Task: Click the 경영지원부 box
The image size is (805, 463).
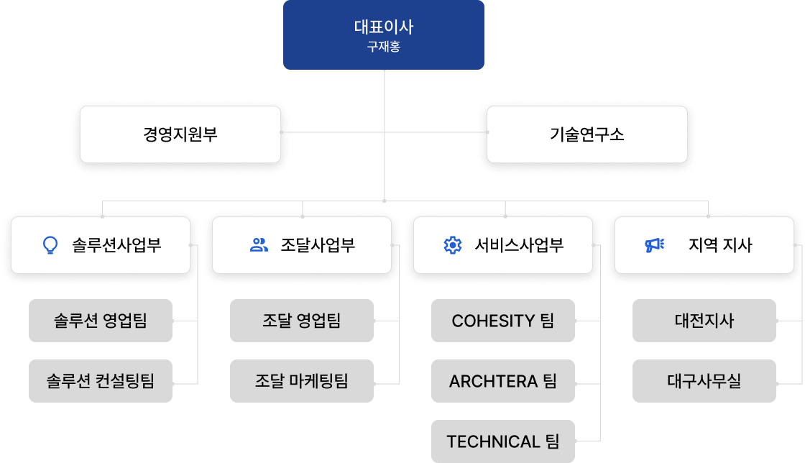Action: point(180,134)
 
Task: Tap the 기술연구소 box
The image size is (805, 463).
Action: point(586,134)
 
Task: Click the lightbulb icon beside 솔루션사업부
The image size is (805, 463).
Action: point(50,245)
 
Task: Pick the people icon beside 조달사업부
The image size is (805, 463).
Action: point(259,245)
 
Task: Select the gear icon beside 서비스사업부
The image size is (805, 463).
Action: point(452,245)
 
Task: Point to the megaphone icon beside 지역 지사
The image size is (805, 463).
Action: point(654,245)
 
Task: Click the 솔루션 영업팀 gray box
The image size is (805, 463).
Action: point(101,321)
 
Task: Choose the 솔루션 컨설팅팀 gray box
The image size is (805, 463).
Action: point(101,381)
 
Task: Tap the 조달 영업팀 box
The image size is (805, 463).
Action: point(302,321)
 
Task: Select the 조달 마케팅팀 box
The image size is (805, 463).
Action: point(302,381)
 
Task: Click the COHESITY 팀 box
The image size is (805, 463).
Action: point(503,321)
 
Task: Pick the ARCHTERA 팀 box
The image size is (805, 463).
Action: point(503,381)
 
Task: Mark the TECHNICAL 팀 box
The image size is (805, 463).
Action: point(503,441)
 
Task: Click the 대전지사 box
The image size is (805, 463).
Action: point(704,321)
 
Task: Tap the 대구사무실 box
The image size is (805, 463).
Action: point(704,381)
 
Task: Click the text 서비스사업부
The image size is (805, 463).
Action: point(519,245)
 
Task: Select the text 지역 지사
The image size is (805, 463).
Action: point(719,245)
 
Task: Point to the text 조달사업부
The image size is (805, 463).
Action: point(318,245)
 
